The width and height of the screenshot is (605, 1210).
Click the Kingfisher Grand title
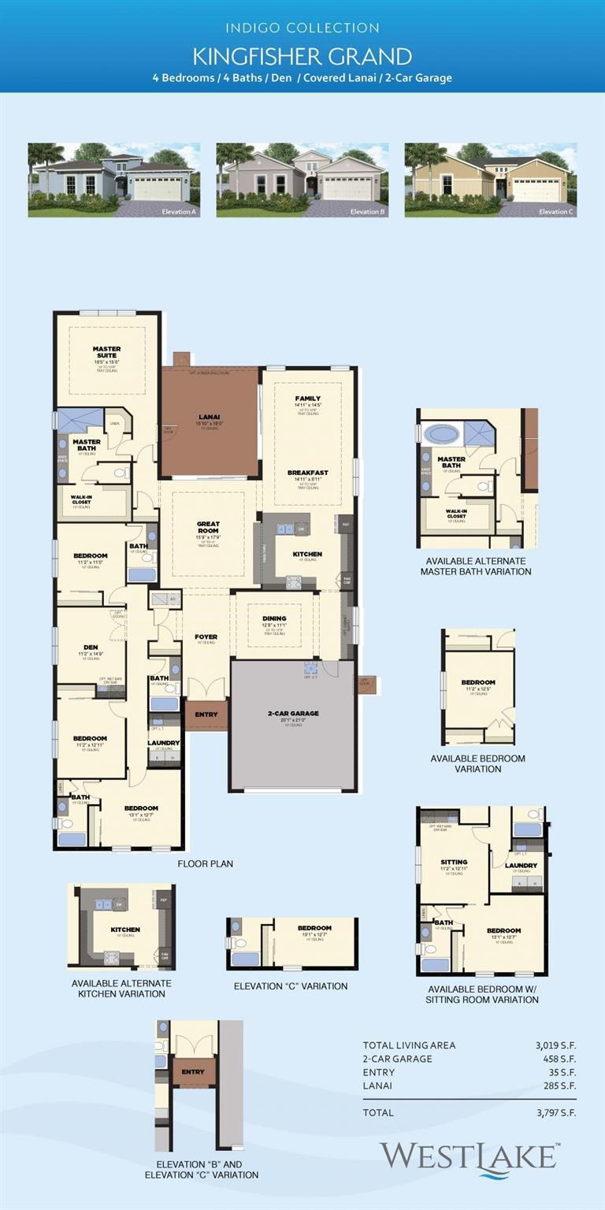click(302, 56)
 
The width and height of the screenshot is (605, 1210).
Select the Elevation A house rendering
click(114, 180)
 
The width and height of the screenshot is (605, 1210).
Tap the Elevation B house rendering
click(302, 180)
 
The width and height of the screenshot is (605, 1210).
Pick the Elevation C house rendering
click(491, 180)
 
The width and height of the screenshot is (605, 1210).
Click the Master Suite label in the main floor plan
click(106, 352)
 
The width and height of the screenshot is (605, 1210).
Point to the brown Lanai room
click(210, 433)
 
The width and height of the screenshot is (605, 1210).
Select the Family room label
click(308, 399)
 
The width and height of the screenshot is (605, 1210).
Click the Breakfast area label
click(308, 473)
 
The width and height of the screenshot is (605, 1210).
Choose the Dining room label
click(274, 619)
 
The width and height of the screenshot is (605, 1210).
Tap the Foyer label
click(206, 637)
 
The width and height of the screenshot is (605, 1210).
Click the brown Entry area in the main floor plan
click(206, 714)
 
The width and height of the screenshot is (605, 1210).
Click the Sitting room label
click(454, 863)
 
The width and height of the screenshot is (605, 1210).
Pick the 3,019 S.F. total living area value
click(555, 1045)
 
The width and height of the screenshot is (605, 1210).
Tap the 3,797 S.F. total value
click(555, 1112)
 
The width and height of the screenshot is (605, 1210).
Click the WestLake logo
click(470, 1157)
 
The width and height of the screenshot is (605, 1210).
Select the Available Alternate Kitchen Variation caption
click(121, 989)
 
